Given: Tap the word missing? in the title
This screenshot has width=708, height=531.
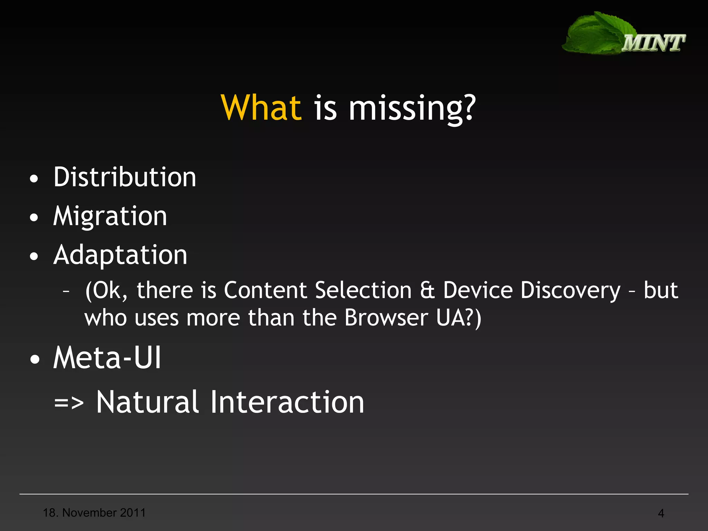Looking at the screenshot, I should click(x=412, y=109).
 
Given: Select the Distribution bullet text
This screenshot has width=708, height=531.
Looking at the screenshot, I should click(x=125, y=177).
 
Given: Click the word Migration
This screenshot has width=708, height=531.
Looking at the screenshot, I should click(x=110, y=216).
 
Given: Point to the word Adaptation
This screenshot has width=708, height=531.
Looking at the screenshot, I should click(x=120, y=255).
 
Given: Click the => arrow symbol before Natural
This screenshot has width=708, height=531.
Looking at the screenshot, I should click(x=69, y=403).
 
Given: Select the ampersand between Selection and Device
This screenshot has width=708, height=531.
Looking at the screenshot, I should click(x=427, y=290).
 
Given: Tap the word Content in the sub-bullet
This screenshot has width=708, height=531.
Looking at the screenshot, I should click(x=265, y=290).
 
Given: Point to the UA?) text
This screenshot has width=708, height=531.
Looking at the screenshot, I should click(x=458, y=318).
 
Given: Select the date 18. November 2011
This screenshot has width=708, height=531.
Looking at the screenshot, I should click(x=94, y=513).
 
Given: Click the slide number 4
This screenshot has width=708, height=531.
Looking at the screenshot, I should click(x=661, y=513).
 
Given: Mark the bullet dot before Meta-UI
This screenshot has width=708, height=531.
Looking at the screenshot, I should click(x=34, y=360).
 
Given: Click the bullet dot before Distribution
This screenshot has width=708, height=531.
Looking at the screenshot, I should click(x=34, y=179).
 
